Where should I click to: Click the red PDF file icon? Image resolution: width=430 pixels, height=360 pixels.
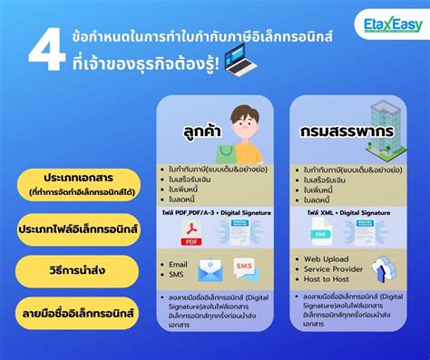(x=191, y=235)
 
